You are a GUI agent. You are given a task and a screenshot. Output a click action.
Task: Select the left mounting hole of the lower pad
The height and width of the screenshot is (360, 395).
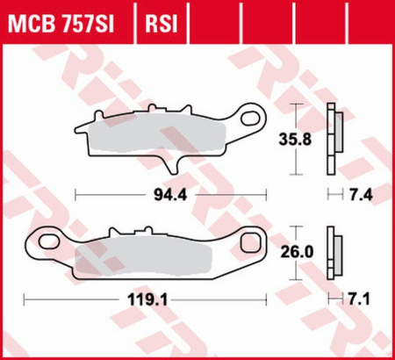click(x=39, y=241)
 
